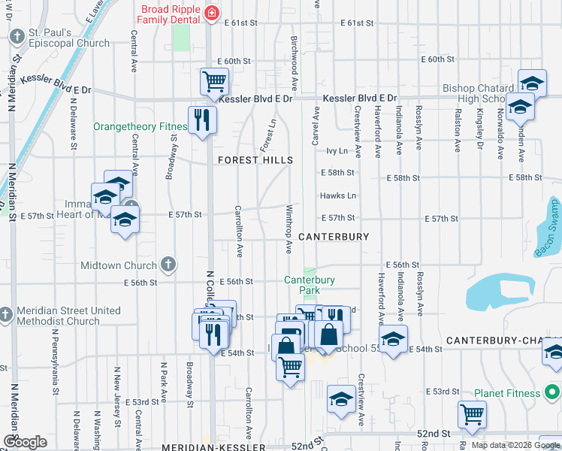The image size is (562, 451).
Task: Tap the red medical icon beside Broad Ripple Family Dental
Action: tap(213, 13)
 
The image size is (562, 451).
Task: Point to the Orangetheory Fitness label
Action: tap(140, 127)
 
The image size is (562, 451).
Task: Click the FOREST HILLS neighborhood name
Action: tap(255, 160)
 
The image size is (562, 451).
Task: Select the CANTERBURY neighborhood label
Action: tap(334, 236)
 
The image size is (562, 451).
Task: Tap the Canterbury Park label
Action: tap(310, 285)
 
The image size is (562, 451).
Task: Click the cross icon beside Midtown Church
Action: tap(169, 265)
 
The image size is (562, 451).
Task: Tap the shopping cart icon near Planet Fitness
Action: tap(471, 413)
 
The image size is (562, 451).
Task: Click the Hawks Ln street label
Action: tap(337, 195)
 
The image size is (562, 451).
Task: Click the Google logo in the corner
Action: tap(25, 442)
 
